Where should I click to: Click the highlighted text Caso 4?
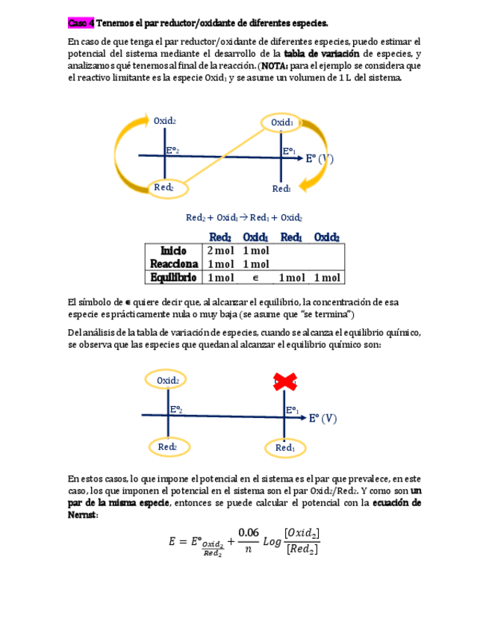[81, 23]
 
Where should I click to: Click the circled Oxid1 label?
[281, 122]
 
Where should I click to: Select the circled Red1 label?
[285, 448]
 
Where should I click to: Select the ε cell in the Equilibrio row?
[255, 278]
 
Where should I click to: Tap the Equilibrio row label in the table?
[173, 278]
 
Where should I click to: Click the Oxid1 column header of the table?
[256, 237]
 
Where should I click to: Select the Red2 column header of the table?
[220, 237]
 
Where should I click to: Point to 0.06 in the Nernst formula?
[249, 531]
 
